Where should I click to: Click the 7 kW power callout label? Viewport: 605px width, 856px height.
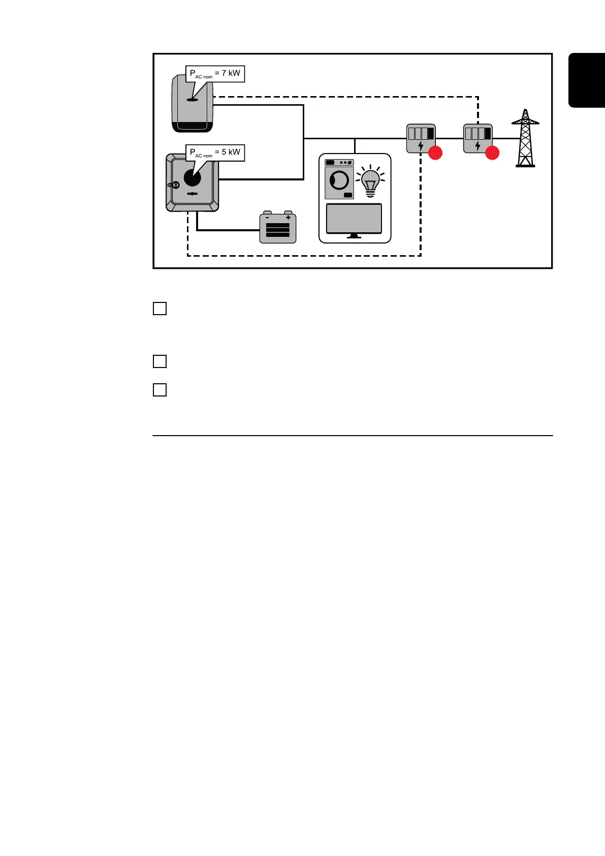[x=215, y=74]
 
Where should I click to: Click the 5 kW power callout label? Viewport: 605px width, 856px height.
[x=215, y=152]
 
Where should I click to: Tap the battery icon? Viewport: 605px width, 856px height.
[x=278, y=228]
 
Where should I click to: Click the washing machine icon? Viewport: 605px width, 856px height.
[x=339, y=179]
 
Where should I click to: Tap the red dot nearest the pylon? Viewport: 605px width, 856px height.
[x=492, y=153]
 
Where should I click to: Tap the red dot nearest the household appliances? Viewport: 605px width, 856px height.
[x=435, y=153]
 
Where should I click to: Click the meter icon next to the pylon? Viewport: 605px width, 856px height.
[x=477, y=138]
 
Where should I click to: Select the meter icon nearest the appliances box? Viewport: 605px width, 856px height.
[x=421, y=138]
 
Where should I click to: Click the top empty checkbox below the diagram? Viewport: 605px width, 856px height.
[x=160, y=309]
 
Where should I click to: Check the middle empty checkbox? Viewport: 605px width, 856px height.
[x=160, y=361]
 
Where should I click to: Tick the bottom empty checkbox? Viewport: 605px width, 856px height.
[x=160, y=390]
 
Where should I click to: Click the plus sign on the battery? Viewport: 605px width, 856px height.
[x=288, y=218]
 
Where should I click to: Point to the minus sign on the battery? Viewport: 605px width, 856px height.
[x=268, y=218]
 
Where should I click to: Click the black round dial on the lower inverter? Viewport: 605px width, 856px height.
[x=193, y=178]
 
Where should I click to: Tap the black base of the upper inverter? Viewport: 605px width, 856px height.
[x=193, y=127]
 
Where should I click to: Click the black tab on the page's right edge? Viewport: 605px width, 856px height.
[x=587, y=80]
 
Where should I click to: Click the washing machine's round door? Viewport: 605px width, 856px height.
[x=339, y=180]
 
